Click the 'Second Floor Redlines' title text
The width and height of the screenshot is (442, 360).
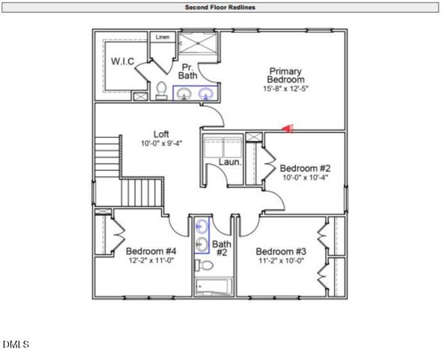(x=221, y=7)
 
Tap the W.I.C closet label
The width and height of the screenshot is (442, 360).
(x=123, y=61)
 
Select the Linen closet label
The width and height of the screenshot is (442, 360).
(x=163, y=37)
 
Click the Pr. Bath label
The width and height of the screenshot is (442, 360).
(x=188, y=71)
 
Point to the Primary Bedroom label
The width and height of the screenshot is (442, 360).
(x=286, y=75)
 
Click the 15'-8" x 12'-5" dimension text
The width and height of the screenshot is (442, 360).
(x=286, y=88)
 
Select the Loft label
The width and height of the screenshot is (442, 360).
(x=161, y=134)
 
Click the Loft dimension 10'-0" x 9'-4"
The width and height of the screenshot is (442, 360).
(x=161, y=143)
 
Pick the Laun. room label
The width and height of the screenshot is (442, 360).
(x=228, y=161)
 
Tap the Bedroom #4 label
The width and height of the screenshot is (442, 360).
(x=151, y=251)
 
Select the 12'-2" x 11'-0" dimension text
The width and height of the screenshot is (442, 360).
(x=151, y=260)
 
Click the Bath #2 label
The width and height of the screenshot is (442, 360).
(x=221, y=248)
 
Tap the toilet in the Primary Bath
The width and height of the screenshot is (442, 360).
(x=161, y=91)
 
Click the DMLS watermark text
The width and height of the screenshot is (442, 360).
(x=15, y=345)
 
